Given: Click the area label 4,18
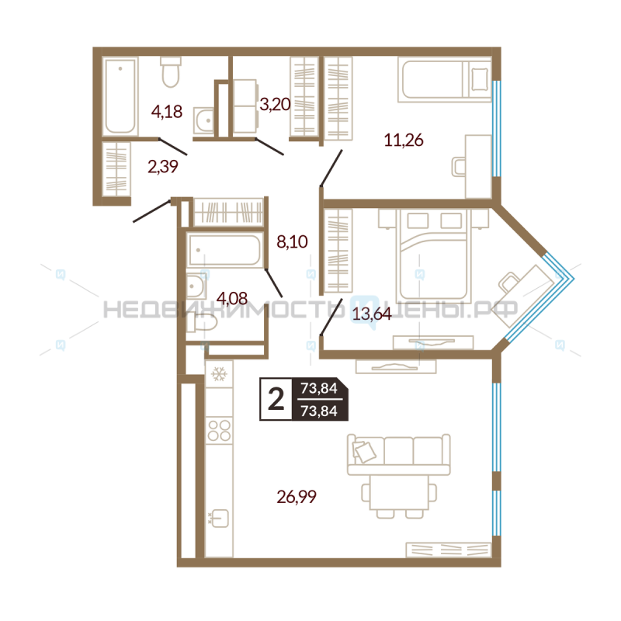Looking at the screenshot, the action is click(x=167, y=112).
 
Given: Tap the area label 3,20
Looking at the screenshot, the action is click(x=275, y=104).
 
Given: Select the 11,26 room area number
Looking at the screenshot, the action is click(x=404, y=141).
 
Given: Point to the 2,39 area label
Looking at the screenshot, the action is click(x=163, y=166).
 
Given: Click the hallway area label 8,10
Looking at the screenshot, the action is click(x=293, y=241).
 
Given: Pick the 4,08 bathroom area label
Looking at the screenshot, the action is click(x=232, y=298).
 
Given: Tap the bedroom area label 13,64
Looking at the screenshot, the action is click(x=372, y=314).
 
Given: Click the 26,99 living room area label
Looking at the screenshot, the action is click(x=297, y=497).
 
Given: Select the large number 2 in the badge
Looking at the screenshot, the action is click(x=276, y=399).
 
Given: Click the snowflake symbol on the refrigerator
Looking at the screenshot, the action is click(x=219, y=374).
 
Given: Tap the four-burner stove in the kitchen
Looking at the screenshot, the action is click(x=220, y=431).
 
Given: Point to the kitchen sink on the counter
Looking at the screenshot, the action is click(x=219, y=518).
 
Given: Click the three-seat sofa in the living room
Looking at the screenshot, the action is click(x=398, y=455).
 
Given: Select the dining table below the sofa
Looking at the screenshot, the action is click(x=399, y=492).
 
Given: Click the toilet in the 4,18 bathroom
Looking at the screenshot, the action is click(x=171, y=72).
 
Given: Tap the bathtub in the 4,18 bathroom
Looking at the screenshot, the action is click(x=120, y=96).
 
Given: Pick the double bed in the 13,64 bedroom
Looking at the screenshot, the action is click(x=434, y=255).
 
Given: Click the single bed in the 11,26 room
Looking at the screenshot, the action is click(x=445, y=80).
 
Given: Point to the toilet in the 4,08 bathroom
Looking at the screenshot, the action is click(x=202, y=322).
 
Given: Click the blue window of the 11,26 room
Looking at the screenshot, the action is click(x=497, y=129).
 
